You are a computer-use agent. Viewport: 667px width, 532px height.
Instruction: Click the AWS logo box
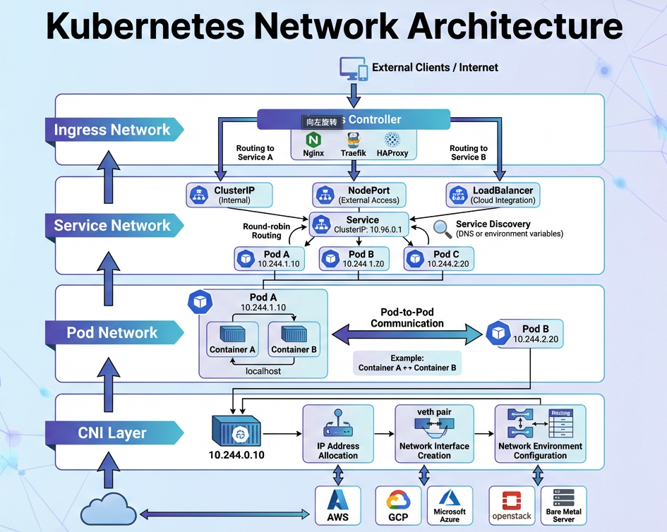pyautogui.click(x=337, y=505)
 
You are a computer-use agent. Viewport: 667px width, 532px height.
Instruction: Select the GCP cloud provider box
pyautogui.click(x=399, y=505)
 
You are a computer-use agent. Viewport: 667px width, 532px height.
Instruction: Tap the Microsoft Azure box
pyautogui.click(x=450, y=505)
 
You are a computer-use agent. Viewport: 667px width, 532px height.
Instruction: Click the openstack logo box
pyautogui.click(x=512, y=505)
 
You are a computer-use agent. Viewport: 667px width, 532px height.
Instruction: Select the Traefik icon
pyautogui.click(x=353, y=139)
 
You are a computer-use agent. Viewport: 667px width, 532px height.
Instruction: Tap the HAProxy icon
pyautogui.click(x=392, y=139)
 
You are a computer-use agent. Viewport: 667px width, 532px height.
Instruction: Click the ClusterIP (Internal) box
pyautogui.click(x=229, y=195)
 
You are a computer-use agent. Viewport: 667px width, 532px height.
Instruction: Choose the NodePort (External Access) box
pyautogui.click(x=359, y=195)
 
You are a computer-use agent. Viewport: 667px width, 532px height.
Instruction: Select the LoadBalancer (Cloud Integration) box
pyautogui.click(x=493, y=195)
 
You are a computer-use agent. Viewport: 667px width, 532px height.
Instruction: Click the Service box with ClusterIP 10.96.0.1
pyautogui.click(x=359, y=224)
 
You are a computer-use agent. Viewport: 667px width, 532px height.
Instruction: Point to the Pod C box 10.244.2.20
pyautogui.click(x=438, y=258)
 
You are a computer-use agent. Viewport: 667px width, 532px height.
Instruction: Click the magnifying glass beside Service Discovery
pyautogui.click(x=443, y=229)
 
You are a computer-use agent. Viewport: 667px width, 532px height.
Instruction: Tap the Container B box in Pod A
pyautogui.click(x=294, y=339)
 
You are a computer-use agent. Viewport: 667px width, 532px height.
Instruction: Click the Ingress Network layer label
pyautogui.click(x=113, y=130)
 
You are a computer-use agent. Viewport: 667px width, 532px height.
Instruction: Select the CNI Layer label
pyautogui.click(x=113, y=433)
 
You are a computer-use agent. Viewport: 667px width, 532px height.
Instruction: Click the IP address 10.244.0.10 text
pyautogui.click(x=236, y=455)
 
